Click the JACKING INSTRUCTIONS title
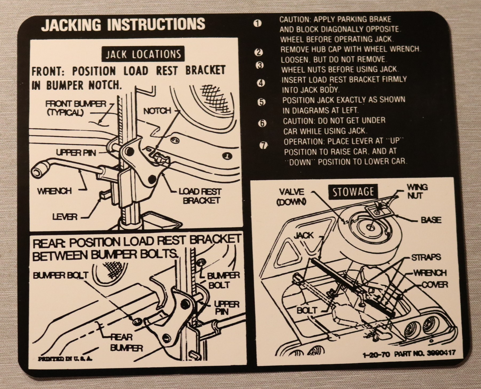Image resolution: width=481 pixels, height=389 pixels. [x=123, y=25]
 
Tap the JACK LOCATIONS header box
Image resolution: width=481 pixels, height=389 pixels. [x=143, y=55]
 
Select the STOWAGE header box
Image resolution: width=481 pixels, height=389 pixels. [x=353, y=192]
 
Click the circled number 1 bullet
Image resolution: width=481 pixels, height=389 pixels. [x=257, y=23]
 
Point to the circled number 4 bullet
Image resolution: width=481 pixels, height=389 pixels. [x=261, y=83]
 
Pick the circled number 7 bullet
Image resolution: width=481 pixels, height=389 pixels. [x=264, y=145]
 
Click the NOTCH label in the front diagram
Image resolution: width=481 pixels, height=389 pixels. [x=157, y=111]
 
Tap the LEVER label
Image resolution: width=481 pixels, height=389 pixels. [x=65, y=217]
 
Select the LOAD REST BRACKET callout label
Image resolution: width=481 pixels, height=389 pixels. [x=200, y=196]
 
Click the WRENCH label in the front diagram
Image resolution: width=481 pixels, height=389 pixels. [x=55, y=191]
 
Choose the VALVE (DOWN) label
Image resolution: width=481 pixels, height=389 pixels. [x=292, y=197]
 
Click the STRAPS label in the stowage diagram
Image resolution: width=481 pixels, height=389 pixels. [x=426, y=257]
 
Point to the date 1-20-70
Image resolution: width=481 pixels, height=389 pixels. [x=376, y=355]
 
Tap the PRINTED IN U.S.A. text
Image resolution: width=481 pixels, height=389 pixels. [x=66, y=359]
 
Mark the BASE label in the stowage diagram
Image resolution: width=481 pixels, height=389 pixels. [x=431, y=220]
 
